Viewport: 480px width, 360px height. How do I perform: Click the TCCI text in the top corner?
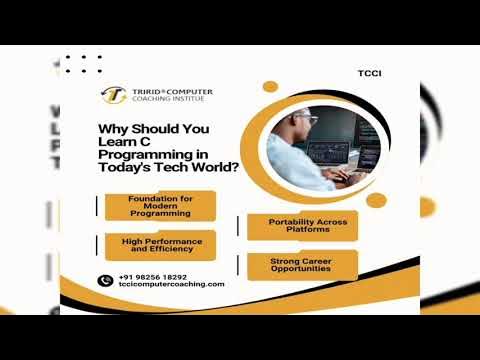[370, 73]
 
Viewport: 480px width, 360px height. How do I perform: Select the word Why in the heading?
[112, 128]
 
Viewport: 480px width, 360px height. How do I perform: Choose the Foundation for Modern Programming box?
[160, 205]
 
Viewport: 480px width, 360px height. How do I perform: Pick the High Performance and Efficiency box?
[160, 245]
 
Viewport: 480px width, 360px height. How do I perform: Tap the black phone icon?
[104, 280]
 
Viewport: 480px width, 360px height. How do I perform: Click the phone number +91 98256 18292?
[152, 276]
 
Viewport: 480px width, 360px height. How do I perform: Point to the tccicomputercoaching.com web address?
[171, 284]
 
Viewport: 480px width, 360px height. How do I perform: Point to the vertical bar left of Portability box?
[238, 225]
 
